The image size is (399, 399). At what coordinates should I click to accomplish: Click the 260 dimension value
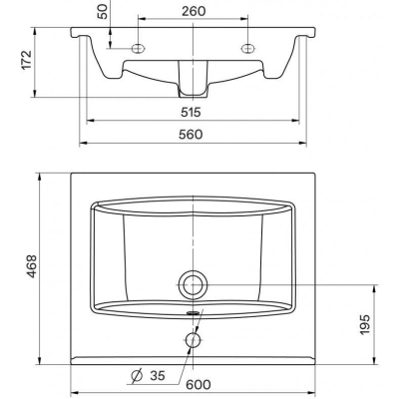(194, 11)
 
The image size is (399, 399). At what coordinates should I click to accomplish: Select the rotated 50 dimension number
(104, 12)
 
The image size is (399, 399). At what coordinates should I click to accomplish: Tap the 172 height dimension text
(26, 60)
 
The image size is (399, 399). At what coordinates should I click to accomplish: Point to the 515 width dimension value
(191, 112)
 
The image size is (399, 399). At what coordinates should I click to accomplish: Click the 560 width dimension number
(191, 135)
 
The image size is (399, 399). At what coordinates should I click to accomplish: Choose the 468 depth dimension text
(31, 266)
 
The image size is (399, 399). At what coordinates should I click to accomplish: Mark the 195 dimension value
(365, 324)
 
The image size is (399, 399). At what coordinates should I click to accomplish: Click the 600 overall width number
(199, 384)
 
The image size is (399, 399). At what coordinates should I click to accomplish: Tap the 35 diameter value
(158, 376)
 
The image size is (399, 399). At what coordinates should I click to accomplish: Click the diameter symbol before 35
(137, 376)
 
